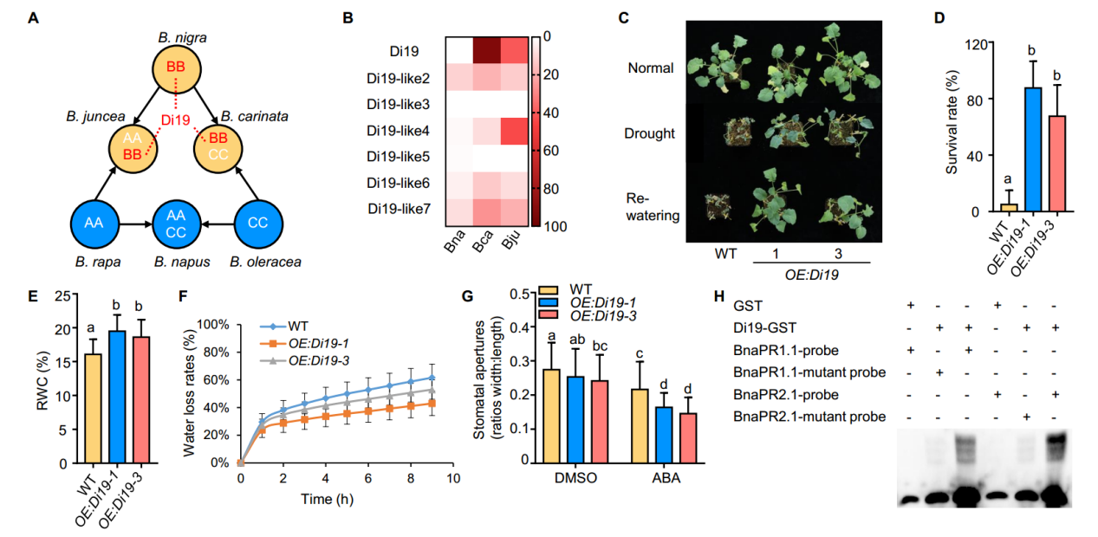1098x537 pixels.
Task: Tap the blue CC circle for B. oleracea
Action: coord(257,223)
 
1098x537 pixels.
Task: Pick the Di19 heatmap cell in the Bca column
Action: coord(486,51)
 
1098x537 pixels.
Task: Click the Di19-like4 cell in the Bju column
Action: coord(513,132)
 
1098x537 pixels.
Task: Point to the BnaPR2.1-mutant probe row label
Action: coord(809,417)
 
